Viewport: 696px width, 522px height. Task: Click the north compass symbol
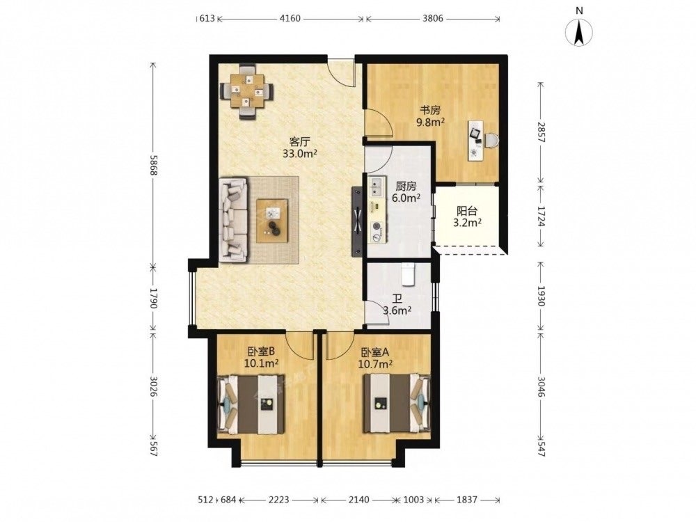579,30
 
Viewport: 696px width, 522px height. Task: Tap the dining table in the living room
247,91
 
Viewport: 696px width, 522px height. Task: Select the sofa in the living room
233,220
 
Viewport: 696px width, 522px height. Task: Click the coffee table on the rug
272,221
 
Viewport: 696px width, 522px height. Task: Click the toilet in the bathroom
407,274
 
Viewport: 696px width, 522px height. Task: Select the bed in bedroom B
251,404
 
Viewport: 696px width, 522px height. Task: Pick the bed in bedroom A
397,403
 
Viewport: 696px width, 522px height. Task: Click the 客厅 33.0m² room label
300,148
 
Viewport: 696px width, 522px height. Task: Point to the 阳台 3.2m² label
468,217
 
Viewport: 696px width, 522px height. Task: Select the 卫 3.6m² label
397,305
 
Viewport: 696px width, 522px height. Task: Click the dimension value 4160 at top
290,19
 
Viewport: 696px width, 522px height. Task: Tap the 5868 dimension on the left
153,165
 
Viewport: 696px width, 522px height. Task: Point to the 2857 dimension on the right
541,132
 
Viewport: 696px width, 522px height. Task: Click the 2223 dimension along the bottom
279,500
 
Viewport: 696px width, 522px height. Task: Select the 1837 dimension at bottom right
467,500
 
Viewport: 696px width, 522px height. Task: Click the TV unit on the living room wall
357,221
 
